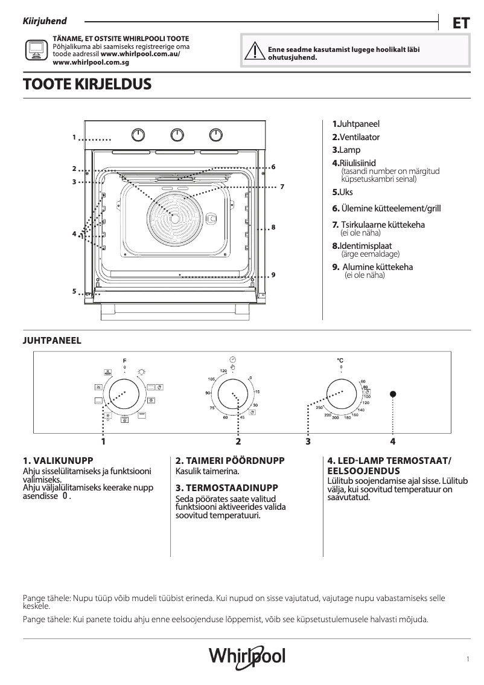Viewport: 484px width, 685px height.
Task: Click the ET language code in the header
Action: point(461,23)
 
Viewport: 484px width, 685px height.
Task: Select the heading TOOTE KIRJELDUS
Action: point(86,85)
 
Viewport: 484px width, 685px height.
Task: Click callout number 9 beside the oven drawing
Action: point(273,275)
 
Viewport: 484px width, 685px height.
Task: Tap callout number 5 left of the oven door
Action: point(74,291)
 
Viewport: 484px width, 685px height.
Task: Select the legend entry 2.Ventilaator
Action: point(356,137)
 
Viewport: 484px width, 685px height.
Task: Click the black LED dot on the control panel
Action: point(393,394)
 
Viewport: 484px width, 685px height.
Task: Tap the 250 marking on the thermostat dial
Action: point(320,409)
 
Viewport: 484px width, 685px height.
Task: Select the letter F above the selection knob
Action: point(125,360)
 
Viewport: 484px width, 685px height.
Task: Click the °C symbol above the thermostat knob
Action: point(340,360)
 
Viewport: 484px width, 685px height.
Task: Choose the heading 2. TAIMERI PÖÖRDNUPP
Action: point(230,460)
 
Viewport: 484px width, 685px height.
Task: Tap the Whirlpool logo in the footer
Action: point(247,656)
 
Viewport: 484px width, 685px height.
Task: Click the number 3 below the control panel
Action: point(308,442)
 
